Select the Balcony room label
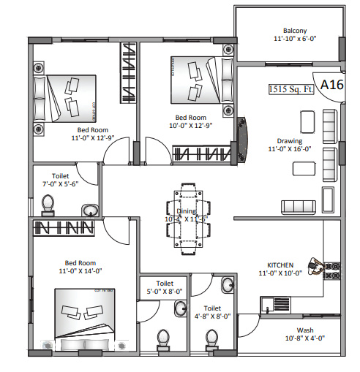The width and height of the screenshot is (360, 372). (x=290, y=31)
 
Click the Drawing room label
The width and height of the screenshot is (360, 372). (x=290, y=141)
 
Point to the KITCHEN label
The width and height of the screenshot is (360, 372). (x=280, y=265)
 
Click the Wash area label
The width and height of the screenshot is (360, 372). (x=304, y=329)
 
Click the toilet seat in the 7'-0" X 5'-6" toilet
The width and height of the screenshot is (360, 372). (x=49, y=202)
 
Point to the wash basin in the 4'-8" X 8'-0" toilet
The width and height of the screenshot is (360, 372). (x=228, y=284)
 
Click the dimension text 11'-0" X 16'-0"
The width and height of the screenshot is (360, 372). (x=290, y=150)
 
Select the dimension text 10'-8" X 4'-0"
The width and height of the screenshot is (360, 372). (x=304, y=338)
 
